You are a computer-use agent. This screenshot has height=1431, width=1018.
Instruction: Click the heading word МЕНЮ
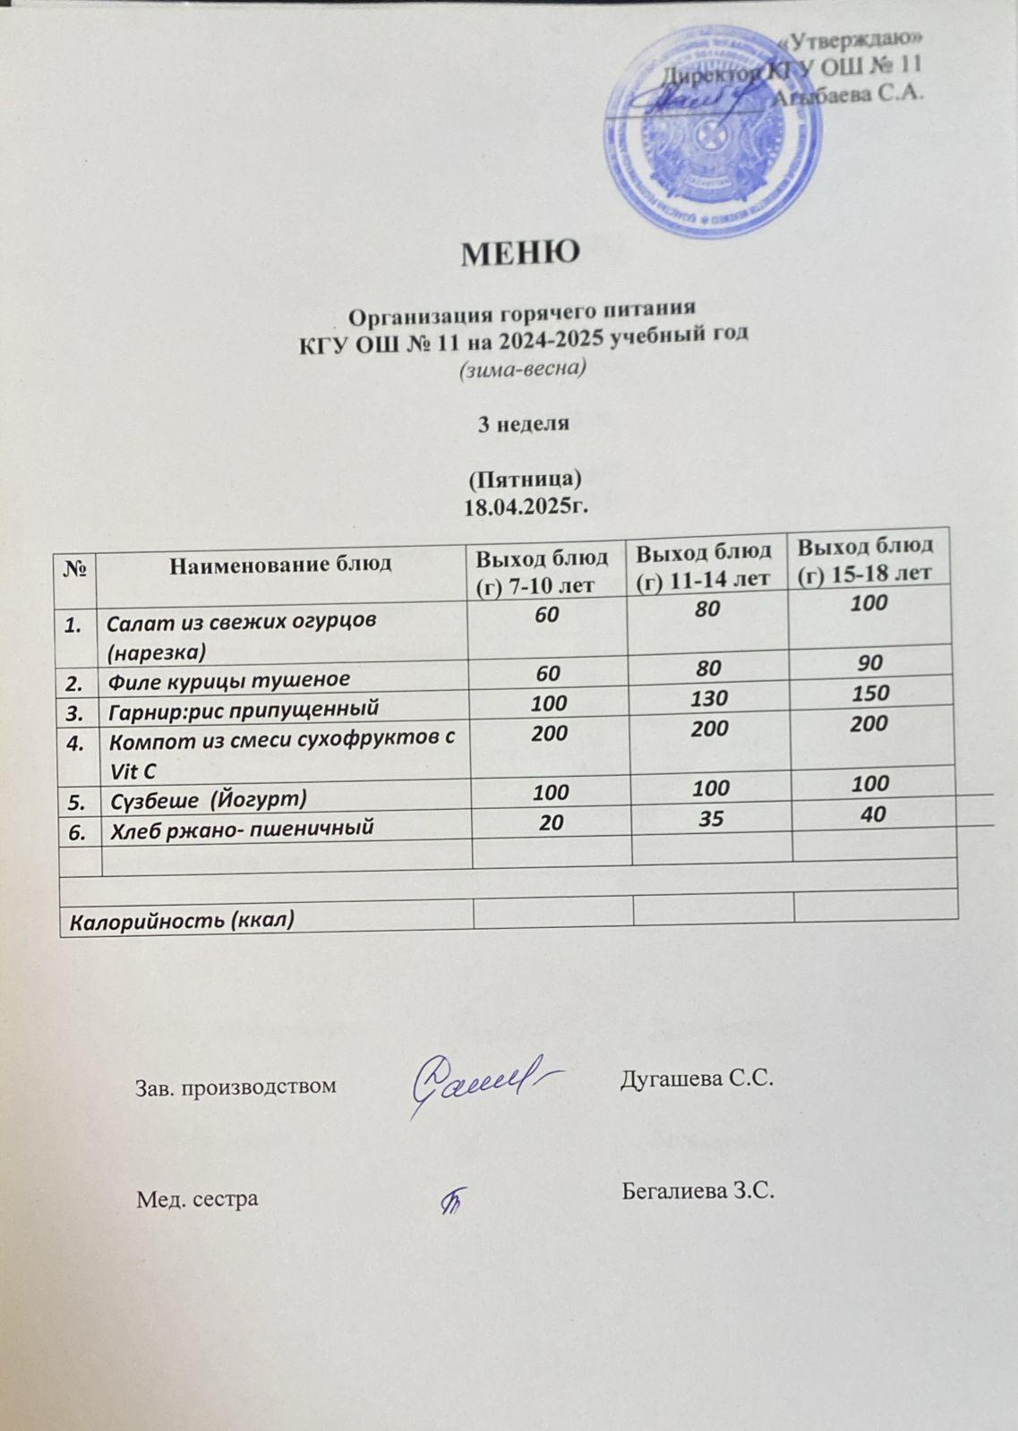(520, 253)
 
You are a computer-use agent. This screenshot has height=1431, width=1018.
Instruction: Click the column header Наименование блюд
(280, 564)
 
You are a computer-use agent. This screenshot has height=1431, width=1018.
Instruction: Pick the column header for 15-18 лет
(865, 558)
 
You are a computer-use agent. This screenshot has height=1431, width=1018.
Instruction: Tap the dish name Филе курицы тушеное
(228, 679)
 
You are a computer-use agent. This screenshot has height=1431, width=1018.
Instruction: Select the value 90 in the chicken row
(868, 663)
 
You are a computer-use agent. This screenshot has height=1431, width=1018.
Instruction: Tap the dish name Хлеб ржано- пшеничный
(240, 830)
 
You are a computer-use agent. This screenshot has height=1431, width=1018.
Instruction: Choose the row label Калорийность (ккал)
(183, 920)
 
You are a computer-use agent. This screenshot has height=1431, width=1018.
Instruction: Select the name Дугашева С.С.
(696, 1078)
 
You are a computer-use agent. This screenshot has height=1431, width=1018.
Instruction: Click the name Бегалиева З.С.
(697, 1191)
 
